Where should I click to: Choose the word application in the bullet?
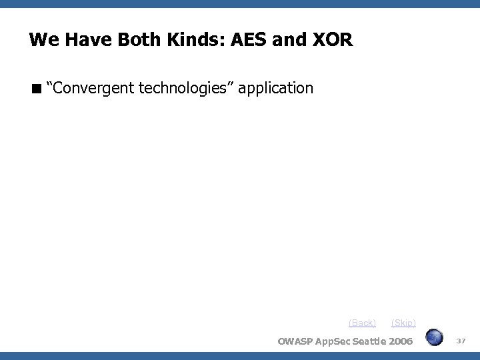tap(275, 88)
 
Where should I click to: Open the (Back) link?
tap(362, 323)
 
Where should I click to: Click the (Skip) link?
tap(403, 323)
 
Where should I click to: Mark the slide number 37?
tap(461, 341)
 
